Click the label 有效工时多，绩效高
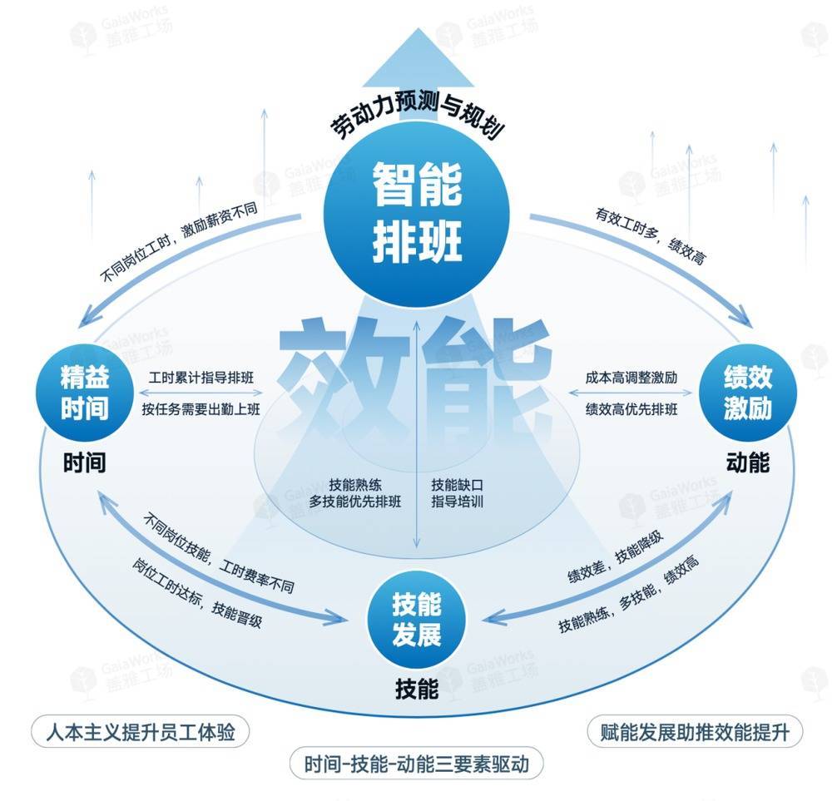pyautogui.click(x=650, y=236)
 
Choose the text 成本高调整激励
pyautogui.click(x=631, y=378)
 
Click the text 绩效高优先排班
pyautogui.click(x=631, y=408)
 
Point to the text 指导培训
pyautogui.click(x=457, y=502)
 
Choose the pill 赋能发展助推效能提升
pyautogui.click(x=694, y=733)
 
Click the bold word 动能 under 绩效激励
pyautogui.click(x=747, y=462)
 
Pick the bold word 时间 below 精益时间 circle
pyautogui.click(x=84, y=462)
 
